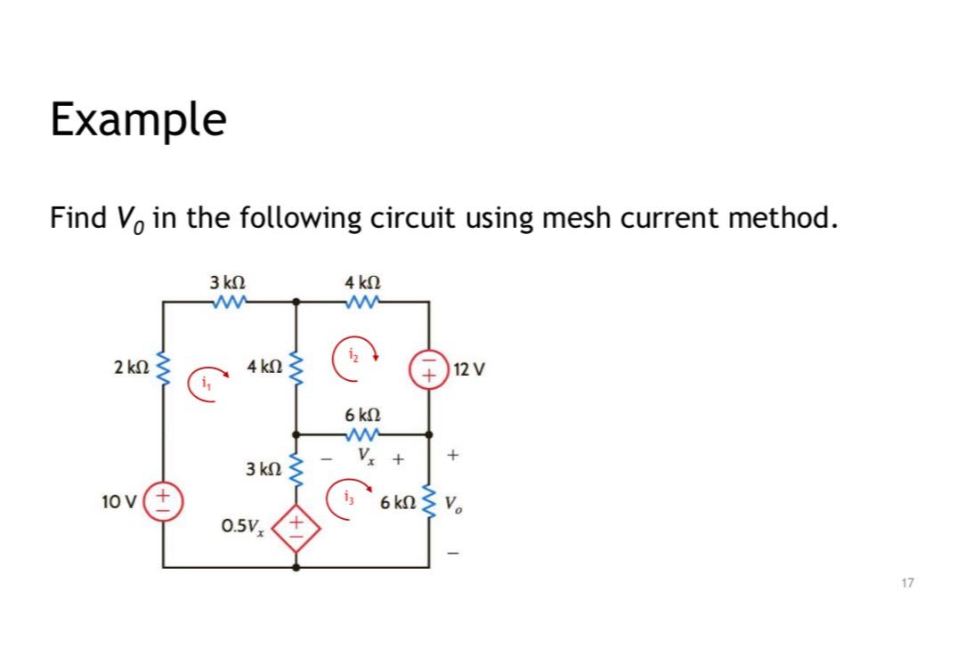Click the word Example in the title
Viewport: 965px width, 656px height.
[138, 119]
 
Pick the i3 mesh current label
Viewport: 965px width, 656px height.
[347, 496]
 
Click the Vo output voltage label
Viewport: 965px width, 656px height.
[454, 502]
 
